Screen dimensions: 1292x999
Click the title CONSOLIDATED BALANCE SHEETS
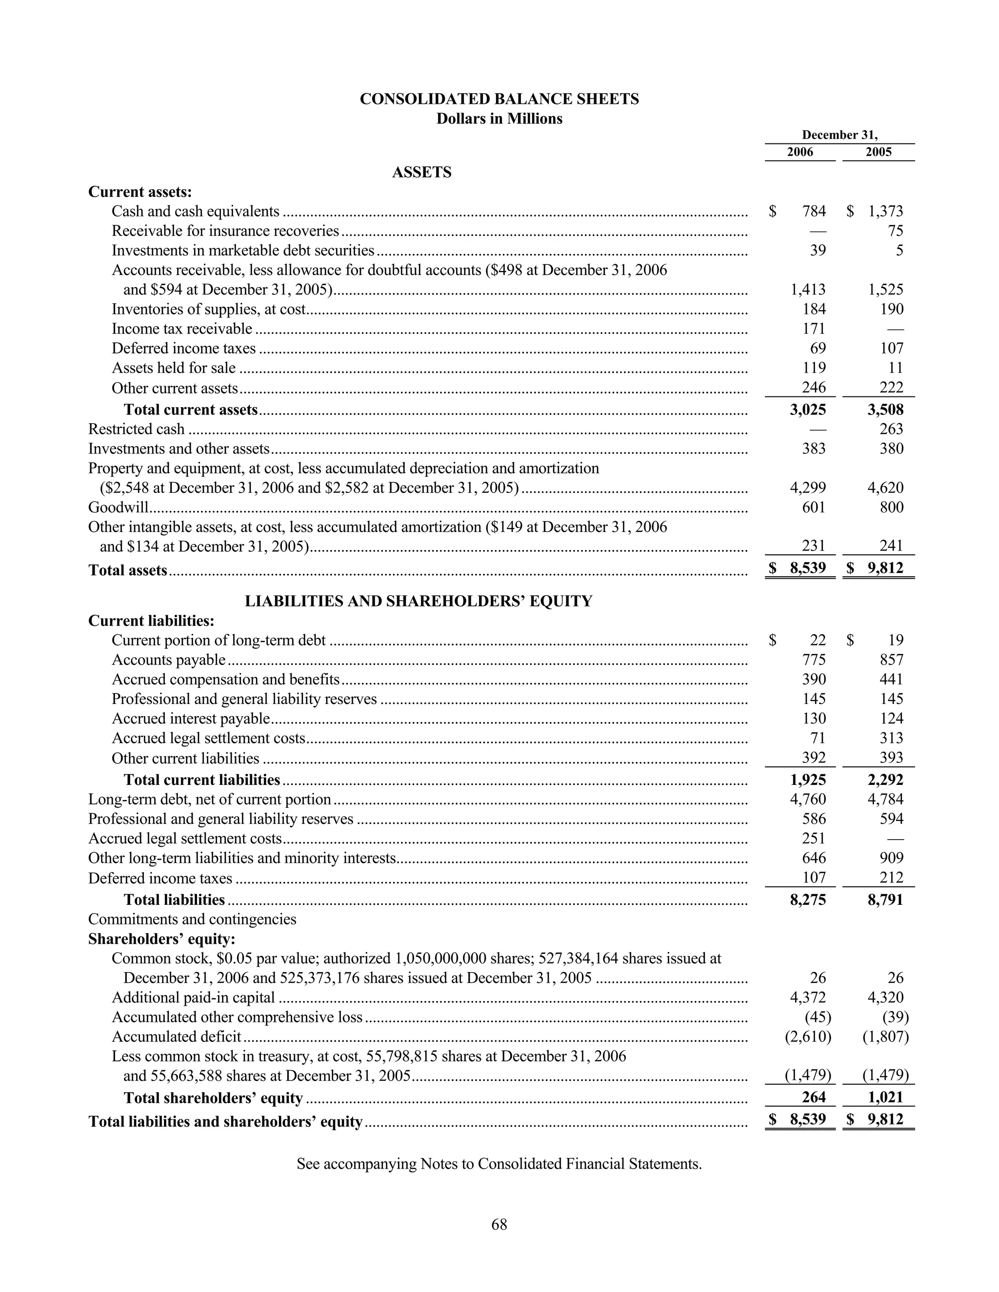499,99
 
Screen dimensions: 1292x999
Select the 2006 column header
799,152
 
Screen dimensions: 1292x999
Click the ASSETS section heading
421,172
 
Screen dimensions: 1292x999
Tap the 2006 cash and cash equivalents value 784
814,211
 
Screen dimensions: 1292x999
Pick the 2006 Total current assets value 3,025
808,410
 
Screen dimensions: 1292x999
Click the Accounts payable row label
169,660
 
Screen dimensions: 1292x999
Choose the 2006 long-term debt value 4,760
808,799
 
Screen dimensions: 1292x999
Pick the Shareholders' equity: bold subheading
161,939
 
